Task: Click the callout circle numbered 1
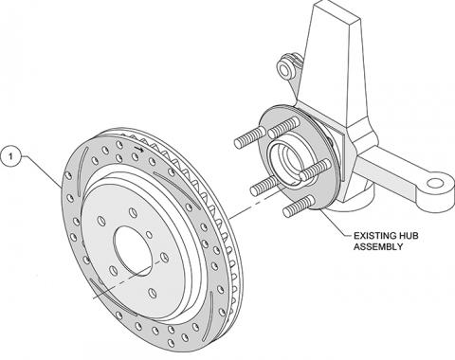tap(11, 153)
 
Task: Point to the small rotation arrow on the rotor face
tap(140, 150)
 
